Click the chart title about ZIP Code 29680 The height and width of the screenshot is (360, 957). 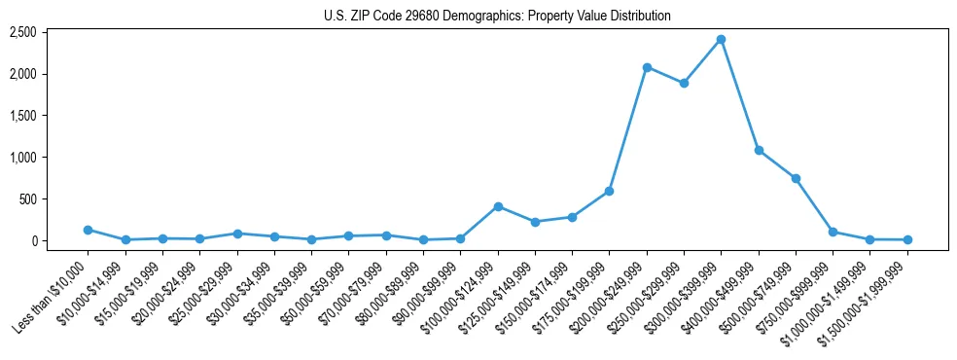[x=497, y=17]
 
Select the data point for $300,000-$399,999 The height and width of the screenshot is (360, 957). [x=721, y=40]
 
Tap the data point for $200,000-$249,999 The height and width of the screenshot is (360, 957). [x=647, y=67]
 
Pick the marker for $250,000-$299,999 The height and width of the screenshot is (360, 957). [x=684, y=84]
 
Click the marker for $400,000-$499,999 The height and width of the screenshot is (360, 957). [x=759, y=151]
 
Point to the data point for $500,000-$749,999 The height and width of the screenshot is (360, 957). [x=796, y=179]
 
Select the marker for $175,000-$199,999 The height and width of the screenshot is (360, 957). [x=609, y=191]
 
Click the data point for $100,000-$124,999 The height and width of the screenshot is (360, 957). [x=498, y=206]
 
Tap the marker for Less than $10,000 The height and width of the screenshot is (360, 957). [x=88, y=230]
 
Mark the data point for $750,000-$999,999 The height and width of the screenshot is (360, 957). [x=833, y=232]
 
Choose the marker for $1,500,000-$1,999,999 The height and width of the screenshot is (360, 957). [x=907, y=239]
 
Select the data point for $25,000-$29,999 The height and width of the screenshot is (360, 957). [x=237, y=234]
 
